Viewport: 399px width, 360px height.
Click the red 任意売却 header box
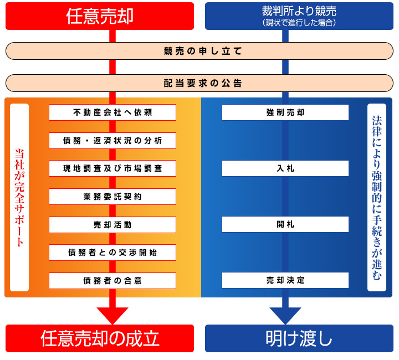pyautogui.click(x=100, y=16)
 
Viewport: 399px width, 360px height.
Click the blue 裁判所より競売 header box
pyautogui.click(x=299, y=16)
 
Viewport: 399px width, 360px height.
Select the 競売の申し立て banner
pyautogui.click(x=199, y=51)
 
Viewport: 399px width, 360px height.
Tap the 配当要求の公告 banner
pyautogui.click(x=199, y=83)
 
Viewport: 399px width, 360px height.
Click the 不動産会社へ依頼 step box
pyautogui.click(x=112, y=112)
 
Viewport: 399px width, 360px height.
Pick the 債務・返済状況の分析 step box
pyautogui.click(x=112, y=141)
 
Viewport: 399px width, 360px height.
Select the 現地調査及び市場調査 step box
pyautogui.click(x=112, y=168)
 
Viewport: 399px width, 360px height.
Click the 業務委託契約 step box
pyautogui.click(x=112, y=197)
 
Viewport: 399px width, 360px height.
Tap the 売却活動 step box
pyautogui.click(x=112, y=225)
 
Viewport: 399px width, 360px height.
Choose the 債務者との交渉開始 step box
pyautogui.click(x=112, y=253)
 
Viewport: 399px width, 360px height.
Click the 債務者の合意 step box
pyautogui.click(x=112, y=281)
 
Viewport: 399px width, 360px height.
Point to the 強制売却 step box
pyautogui.click(x=285, y=112)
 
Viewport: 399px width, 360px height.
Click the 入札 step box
pyautogui.click(x=285, y=168)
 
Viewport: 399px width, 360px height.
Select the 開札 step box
pyautogui.click(x=285, y=224)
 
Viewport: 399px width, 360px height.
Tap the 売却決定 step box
pyautogui.click(x=285, y=280)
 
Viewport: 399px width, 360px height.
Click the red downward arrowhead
pyautogui.click(x=112, y=314)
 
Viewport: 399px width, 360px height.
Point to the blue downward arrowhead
pyautogui.click(x=285, y=314)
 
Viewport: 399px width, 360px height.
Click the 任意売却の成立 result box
pyautogui.click(x=100, y=338)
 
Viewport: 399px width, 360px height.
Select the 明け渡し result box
pyautogui.click(x=299, y=338)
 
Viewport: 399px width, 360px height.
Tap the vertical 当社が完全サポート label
pyautogui.click(x=19, y=198)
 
